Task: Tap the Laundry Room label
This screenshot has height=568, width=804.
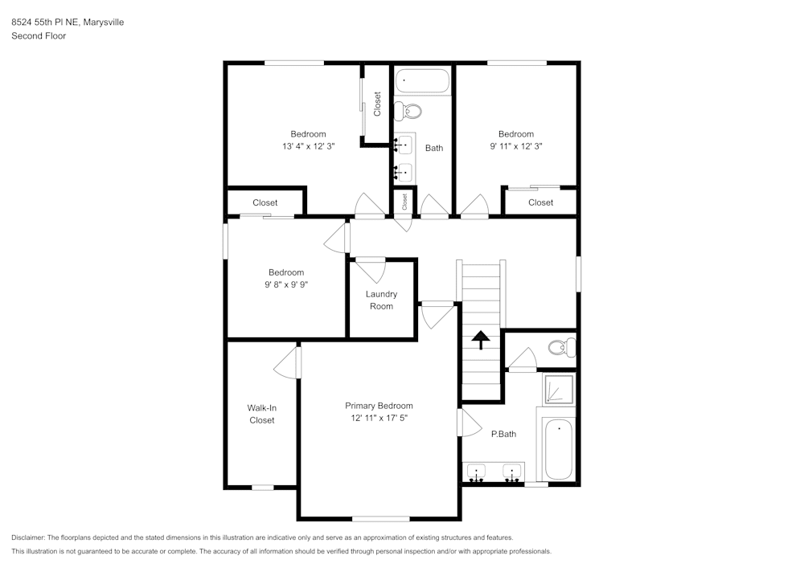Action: pos(381,300)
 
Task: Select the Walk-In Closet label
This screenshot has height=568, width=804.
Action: pos(261,414)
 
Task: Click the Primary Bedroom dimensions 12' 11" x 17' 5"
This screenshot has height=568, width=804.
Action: pos(379,418)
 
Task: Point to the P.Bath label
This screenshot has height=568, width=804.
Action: pos(503,434)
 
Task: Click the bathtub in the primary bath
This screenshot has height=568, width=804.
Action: pos(557,450)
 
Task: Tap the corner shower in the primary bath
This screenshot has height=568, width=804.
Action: pos(557,390)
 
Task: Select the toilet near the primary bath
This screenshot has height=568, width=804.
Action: pos(560,348)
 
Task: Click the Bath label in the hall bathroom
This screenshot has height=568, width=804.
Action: pos(434,148)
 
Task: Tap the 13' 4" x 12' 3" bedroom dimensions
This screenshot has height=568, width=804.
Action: pos(308,146)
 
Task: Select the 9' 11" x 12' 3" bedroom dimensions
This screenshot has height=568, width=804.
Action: pos(515,146)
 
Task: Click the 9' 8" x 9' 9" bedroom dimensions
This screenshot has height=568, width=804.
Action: pos(286,284)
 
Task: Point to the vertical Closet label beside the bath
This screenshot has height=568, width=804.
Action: pos(377,103)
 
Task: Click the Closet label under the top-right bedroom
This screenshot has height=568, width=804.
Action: pos(540,202)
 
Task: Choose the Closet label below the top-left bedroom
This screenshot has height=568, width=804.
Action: pos(265,202)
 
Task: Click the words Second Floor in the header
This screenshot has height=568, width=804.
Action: pos(39,36)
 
